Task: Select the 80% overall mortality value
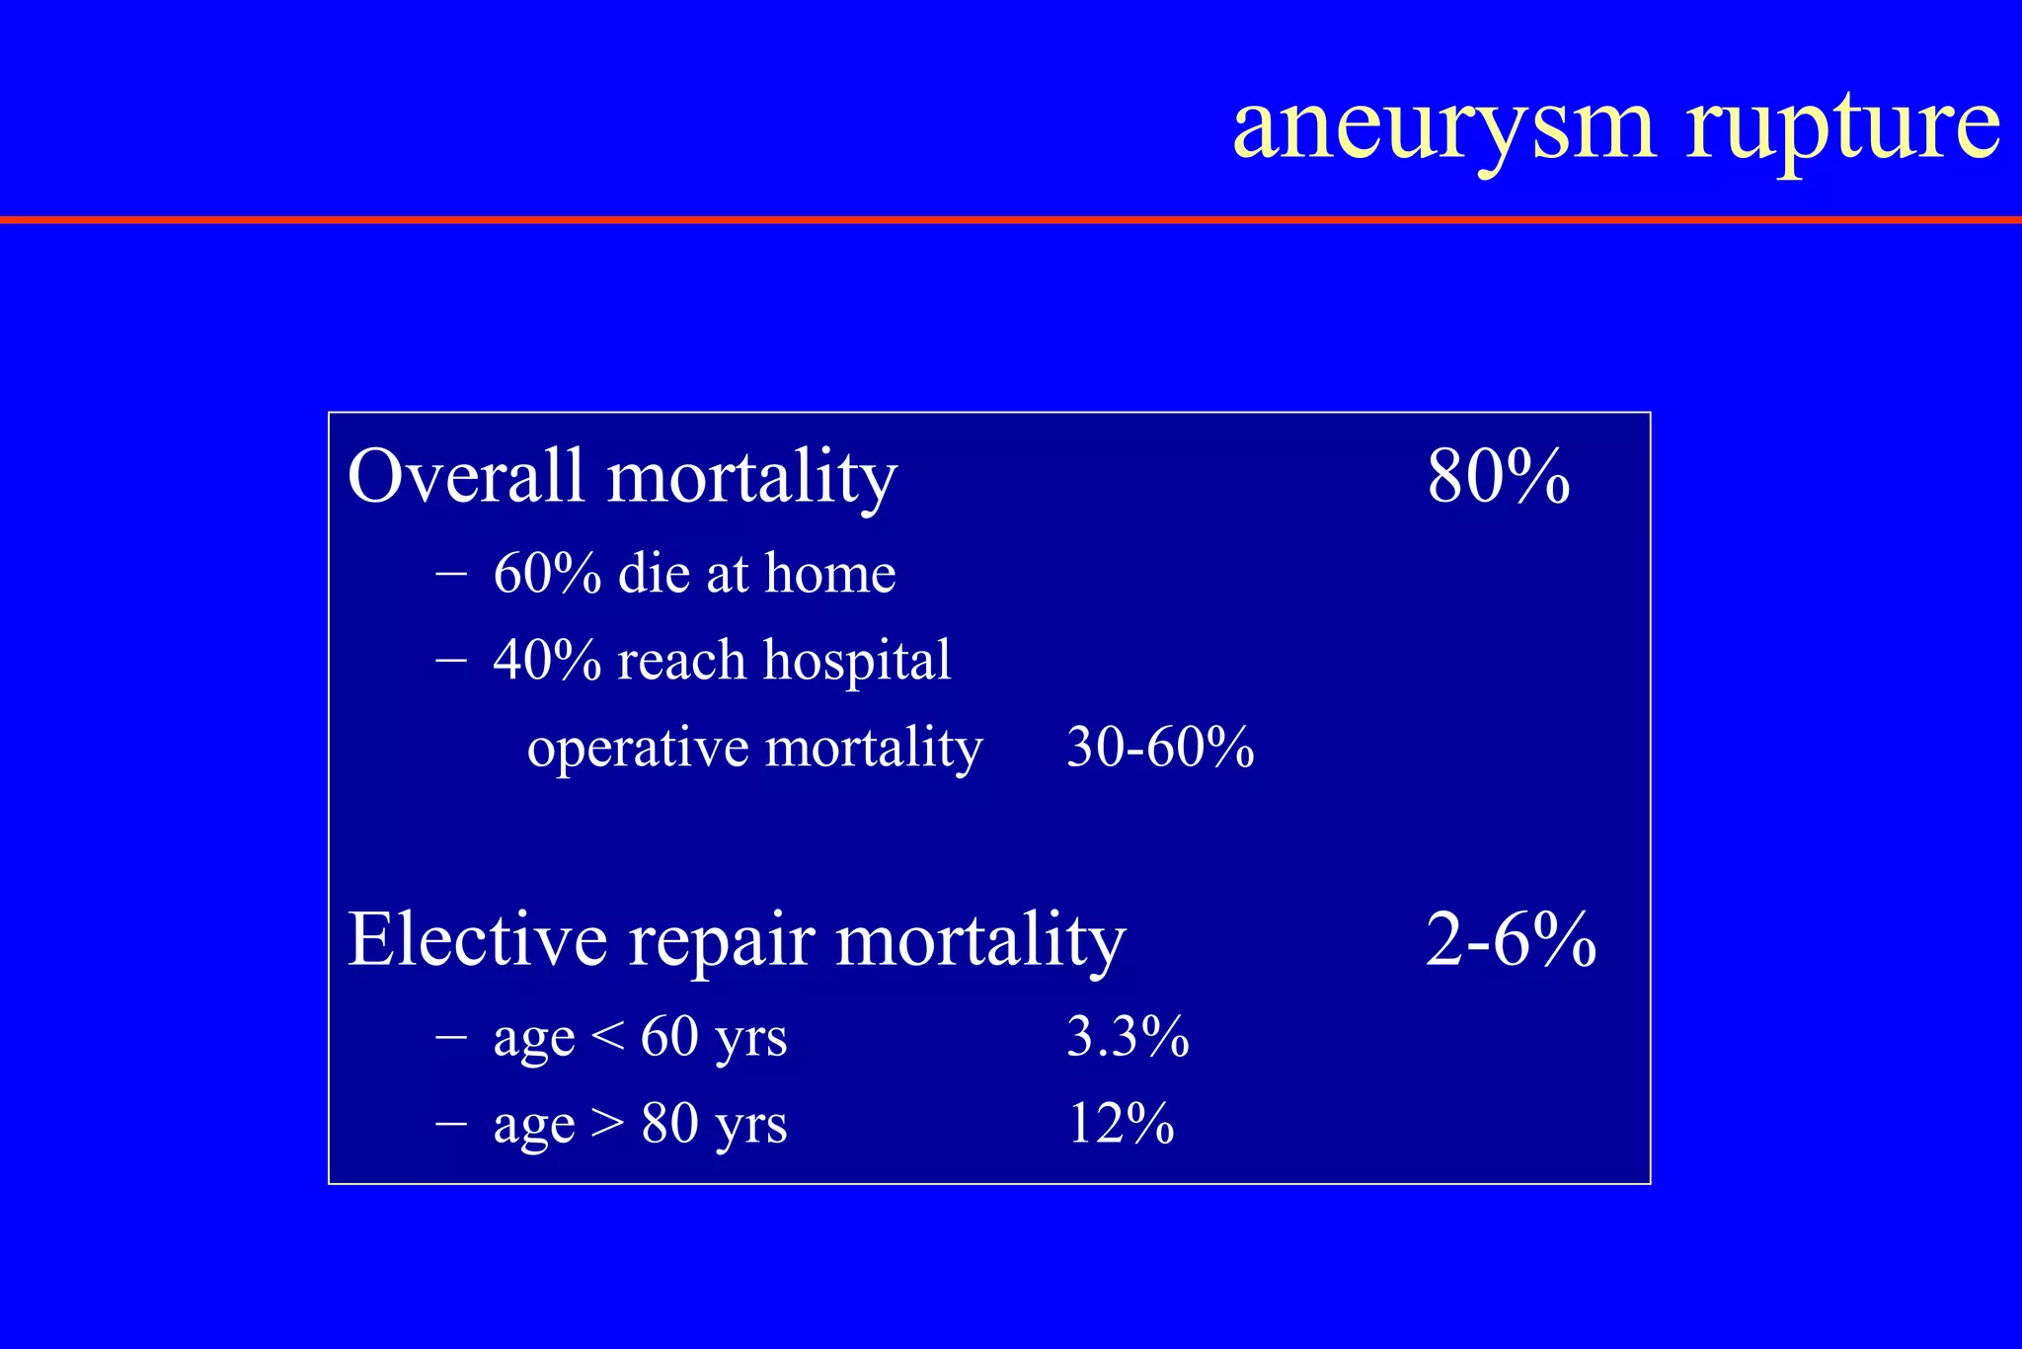tap(1498, 477)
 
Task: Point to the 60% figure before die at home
tap(547, 573)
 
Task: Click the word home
tap(829, 573)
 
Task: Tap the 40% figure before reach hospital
tap(547, 660)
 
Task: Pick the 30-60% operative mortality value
tap(1160, 748)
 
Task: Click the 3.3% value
tap(1128, 1037)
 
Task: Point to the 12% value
tap(1121, 1124)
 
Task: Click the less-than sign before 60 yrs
tap(607, 1037)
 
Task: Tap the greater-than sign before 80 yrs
tap(607, 1124)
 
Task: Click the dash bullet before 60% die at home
tap(450, 573)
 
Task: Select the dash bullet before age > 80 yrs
tap(450, 1124)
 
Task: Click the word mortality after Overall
tap(751, 477)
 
